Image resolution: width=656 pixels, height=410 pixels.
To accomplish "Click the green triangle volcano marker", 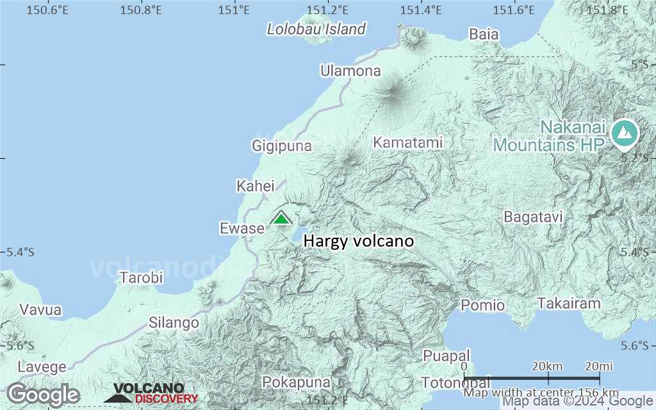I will pos(281,218).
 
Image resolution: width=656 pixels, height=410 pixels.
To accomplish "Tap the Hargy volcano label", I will pos(358,242).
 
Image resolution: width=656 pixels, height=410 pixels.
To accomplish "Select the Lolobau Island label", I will pos(316,29).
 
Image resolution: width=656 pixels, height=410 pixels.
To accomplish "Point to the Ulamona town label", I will pos(351,71).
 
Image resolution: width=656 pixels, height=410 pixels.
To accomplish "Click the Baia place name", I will pos(484,35).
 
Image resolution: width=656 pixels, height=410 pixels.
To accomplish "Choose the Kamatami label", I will pos(408,143).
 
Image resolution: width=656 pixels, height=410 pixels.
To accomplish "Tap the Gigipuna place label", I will pos(282,146).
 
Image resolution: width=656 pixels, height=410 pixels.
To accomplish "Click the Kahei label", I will pos(255,186).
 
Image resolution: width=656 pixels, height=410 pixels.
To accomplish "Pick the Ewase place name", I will pos(242,228).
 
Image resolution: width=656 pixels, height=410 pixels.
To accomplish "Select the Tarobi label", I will pos(141,278).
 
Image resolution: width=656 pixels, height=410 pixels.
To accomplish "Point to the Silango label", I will pos(174,323).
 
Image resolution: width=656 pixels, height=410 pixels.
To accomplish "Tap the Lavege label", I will pos(42,367).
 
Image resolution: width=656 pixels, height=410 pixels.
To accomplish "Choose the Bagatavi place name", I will pos(533,217).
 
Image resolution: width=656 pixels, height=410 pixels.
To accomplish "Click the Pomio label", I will pos(482,305).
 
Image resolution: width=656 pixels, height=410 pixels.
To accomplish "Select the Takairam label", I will pos(570,304).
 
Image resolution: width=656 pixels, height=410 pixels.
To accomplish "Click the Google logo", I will pos(43,394).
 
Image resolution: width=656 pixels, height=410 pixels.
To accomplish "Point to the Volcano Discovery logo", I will pos(151,393).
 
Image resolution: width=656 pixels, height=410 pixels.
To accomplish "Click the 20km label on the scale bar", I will pos(547,366).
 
